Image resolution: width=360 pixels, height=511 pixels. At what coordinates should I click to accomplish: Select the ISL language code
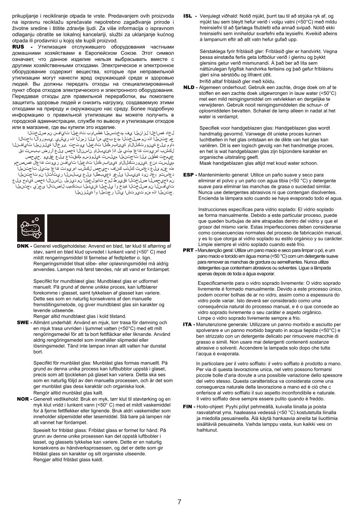188,16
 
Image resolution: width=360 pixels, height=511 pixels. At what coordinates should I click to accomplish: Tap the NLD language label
189,87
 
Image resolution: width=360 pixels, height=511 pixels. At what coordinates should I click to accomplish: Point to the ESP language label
189,176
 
